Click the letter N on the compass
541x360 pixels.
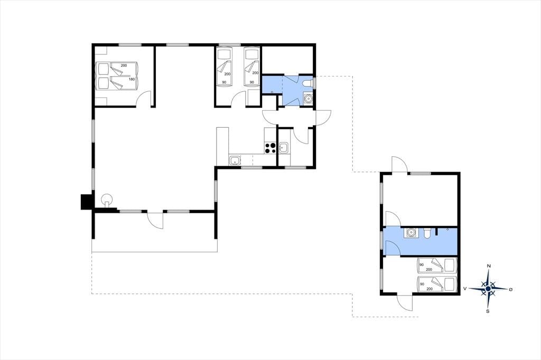[x=489, y=266]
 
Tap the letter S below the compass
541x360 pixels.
[x=488, y=311]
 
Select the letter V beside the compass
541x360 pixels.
[x=465, y=288]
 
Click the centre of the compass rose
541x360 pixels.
[x=488, y=288]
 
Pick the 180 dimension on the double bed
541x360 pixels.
[x=132, y=79]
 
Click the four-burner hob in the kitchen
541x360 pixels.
[x=270, y=148]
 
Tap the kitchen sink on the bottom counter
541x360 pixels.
[x=235, y=160]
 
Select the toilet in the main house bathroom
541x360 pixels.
[x=309, y=83]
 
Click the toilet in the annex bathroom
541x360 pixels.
[x=427, y=233]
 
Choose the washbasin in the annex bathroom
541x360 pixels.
[x=411, y=233]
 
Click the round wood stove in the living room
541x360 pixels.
[x=107, y=200]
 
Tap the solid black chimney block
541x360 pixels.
[x=86, y=202]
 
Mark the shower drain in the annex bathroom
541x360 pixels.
[x=447, y=229]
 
